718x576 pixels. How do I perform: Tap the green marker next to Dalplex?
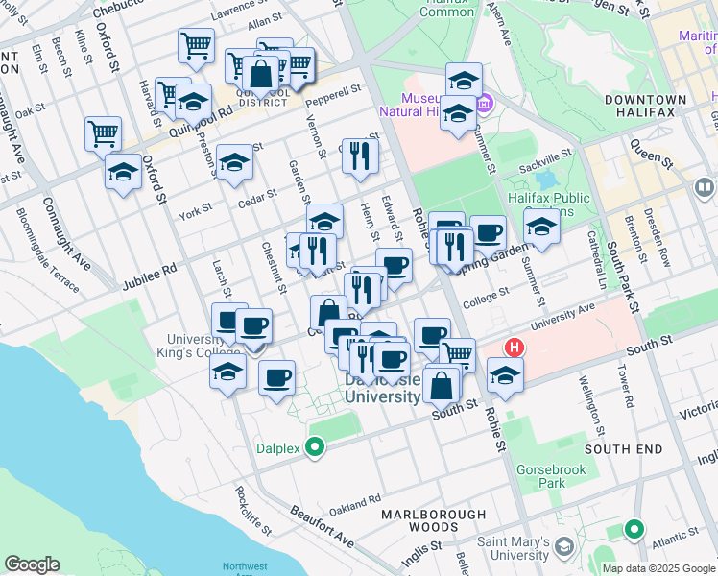(314, 446)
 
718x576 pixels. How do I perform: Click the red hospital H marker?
(515, 348)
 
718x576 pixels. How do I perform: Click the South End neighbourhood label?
(622, 448)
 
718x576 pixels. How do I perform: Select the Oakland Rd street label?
(355, 499)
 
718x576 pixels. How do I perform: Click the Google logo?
(32, 564)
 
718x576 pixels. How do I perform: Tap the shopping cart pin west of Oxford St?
(103, 132)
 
